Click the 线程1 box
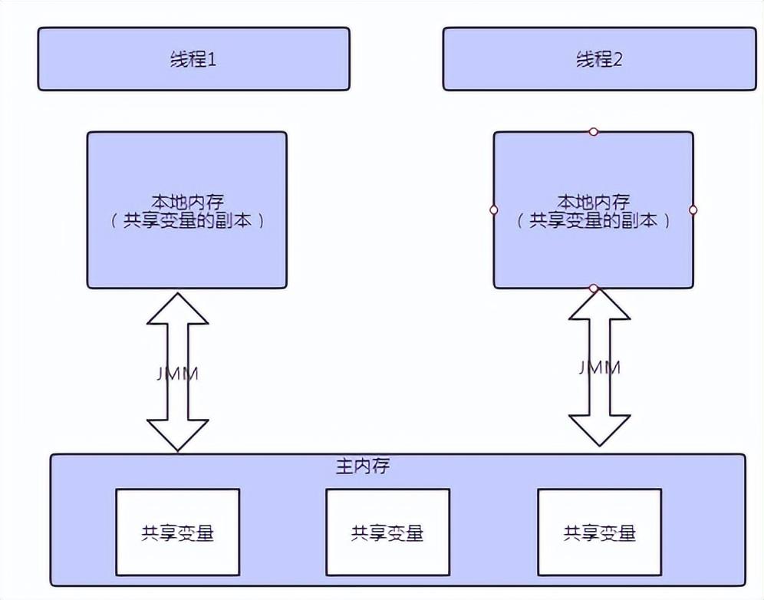(x=193, y=59)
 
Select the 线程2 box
(x=598, y=59)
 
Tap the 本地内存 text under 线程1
(x=186, y=203)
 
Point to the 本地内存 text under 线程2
(x=593, y=203)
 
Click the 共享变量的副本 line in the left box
(x=186, y=221)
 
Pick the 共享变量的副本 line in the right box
(x=593, y=221)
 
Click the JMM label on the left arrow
(x=177, y=375)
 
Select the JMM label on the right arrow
(x=599, y=368)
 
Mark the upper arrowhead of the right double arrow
(x=599, y=305)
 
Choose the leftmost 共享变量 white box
(x=177, y=532)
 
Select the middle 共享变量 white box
(x=387, y=532)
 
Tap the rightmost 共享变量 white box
(x=599, y=532)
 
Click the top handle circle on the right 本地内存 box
(x=593, y=132)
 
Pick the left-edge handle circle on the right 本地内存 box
(x=493, y=209)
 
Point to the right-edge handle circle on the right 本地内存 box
(x=693, y=209)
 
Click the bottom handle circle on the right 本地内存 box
(x=593, y=288)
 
